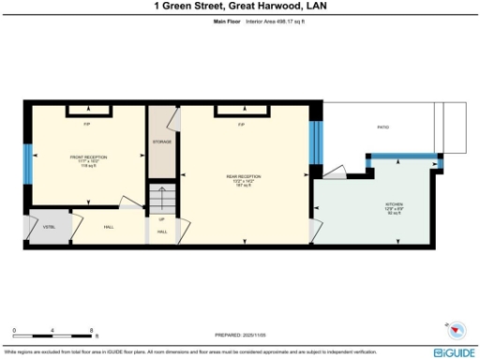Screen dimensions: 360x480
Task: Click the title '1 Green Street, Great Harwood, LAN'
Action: pyautogui.click(x=239, y=6)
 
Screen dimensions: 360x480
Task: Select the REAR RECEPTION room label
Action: pyautogui.click(x=243, y=178)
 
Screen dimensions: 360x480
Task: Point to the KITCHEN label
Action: pyautogui.click(x=394, y=208)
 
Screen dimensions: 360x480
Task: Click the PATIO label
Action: pyautogui.click(x=382, y=126)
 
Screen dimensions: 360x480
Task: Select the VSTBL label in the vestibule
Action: pyautogui.click(x=48, y=225)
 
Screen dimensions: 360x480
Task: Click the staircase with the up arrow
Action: pyautogui.click(x=162, y=201)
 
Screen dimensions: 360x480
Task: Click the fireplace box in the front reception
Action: pyautogui.click(x=87, y=112)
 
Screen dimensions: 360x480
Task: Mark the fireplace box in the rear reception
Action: pyautogui.click(x=241, y=112)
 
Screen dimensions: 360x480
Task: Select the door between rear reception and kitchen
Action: pyautogui.click(x=316, y=228)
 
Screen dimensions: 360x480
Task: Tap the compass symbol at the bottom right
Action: pyautogui.click(x=457, y=330)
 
